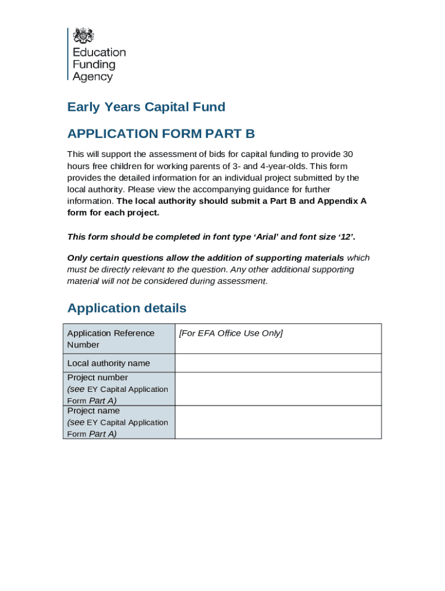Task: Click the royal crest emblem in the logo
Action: pos(83,36)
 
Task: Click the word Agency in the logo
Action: pos(92,77)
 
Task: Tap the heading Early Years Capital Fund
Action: pos(146,107)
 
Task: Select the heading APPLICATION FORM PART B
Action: pos(161,134)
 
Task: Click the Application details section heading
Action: pos(127,308)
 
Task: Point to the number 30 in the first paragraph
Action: pos(348,154)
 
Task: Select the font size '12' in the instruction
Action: pos(344,237)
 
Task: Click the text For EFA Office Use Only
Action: pos(231,333)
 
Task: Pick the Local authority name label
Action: pos(108,363)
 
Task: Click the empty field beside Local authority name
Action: pos(277,363)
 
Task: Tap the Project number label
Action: pos(97,377)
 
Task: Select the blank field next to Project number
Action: pos(277,388)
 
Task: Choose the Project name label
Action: pos(94,411)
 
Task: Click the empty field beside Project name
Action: pos(277,422)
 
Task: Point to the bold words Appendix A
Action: pos(342,201)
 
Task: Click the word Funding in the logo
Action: pos(94,64)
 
